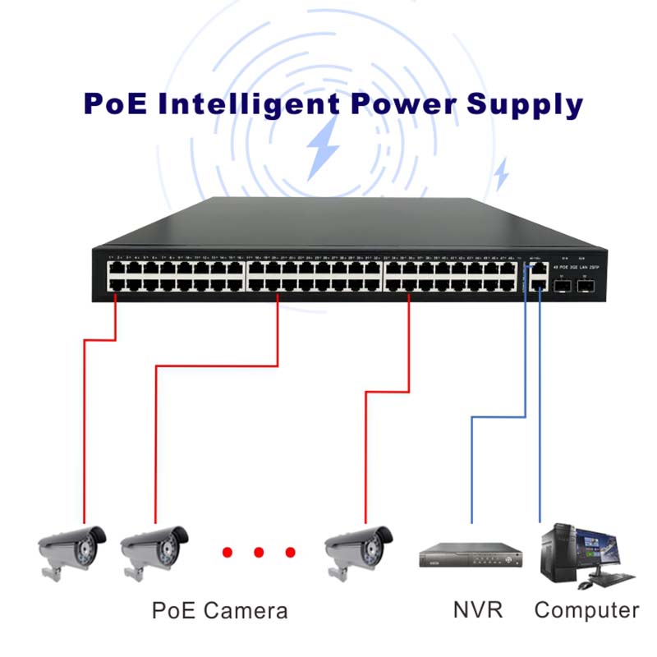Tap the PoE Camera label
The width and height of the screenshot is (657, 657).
click(220, 611)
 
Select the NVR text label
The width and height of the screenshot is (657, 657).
click(477, 610)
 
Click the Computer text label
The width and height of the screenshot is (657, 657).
click(586, 610)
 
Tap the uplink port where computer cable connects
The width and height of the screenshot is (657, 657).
click(539, 283)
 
